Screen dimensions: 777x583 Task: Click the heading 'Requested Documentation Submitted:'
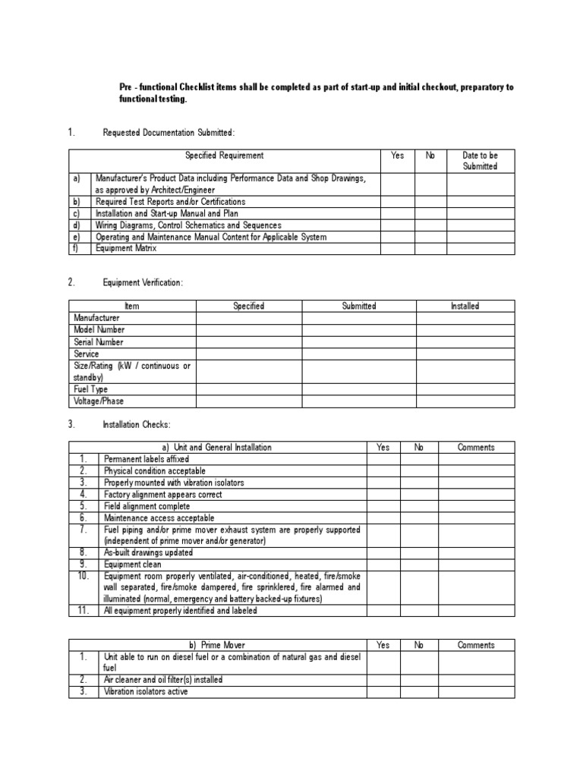169,133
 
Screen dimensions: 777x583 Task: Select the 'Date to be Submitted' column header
480,161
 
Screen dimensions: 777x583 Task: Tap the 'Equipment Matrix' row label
126,248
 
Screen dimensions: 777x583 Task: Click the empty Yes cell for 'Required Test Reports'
397,202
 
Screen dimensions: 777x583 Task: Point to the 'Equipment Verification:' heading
143,282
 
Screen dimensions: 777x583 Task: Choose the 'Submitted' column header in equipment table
358,306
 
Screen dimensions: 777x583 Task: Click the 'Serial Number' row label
98,341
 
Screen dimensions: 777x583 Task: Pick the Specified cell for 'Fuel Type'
249,389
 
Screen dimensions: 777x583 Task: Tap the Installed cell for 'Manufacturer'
465,318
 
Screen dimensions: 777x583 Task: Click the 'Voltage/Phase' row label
99,401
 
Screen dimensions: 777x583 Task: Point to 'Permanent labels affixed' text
147,459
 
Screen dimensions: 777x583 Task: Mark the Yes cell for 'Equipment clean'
383,564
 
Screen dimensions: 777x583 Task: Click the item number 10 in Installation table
84,576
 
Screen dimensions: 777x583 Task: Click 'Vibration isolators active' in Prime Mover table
146,691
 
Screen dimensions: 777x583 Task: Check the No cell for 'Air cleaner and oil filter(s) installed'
419,680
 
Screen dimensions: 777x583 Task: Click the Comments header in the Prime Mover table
476,645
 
